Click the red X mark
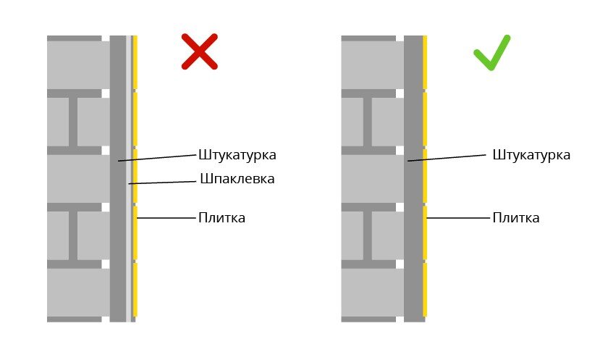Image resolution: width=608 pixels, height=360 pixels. tap(199, 52)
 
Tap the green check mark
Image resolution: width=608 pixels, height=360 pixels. tap(491, 54)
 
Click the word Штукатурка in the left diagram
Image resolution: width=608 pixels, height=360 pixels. tap(237, 155)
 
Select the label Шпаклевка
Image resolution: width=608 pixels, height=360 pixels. tap(237, 179)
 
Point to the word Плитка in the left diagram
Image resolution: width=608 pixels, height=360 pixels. tap(221, 218)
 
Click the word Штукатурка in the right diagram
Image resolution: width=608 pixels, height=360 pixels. tap(531, 155)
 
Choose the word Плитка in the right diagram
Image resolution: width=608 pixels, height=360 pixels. tap(516, 218)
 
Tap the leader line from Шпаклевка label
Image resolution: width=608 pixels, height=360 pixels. tap(163, 182)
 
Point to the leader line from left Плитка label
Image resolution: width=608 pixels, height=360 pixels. tap(166, 218)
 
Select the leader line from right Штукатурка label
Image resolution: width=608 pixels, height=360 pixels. tap(447, 158)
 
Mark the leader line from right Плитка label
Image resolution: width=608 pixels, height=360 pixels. tap(458, 218)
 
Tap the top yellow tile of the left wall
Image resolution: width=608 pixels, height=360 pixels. tap(135, 62)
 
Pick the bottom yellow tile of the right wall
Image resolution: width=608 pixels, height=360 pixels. tap(425, 290)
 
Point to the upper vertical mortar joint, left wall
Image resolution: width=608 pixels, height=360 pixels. tap(73, 122)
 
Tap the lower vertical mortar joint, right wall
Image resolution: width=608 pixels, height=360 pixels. tap(368, 235)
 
